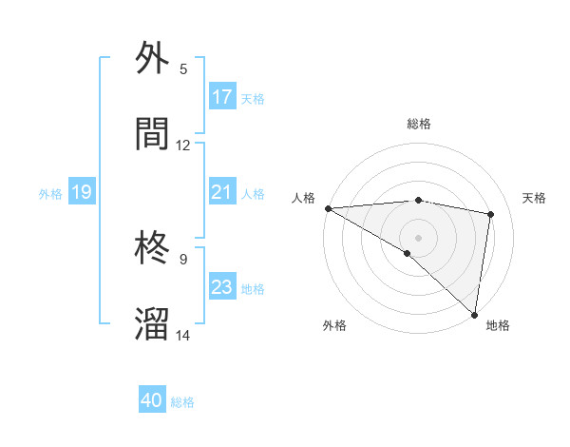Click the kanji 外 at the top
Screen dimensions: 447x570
click(x=153, y=58)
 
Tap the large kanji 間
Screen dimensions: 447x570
click(x=153, y=134)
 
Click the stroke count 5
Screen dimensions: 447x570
click(x=183, y=68)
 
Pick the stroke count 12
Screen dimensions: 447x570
click(x=183, y=145)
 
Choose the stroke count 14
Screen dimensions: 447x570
click(x=183, y=335)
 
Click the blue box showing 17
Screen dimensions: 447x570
click(x=222, y=97)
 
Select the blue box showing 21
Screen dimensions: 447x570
click(x=222, y=192)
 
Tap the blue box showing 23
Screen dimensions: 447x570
click(x=222, y=287)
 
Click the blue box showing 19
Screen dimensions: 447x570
click(x=81, y=193)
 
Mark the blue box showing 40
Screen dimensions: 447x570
click(x=152, y=401)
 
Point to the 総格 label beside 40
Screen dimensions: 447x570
click(x=182, y=402)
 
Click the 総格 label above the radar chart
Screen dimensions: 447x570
click(x=419, y=124)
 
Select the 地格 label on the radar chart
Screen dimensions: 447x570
click(x=498, y=325)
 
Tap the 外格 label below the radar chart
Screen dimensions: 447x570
click(x=334, y=325)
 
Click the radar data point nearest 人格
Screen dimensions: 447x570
click(x=328, y=208)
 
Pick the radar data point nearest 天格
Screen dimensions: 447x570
click(x=491, y=214)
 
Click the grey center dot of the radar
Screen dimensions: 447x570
click(x=418, y=237)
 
